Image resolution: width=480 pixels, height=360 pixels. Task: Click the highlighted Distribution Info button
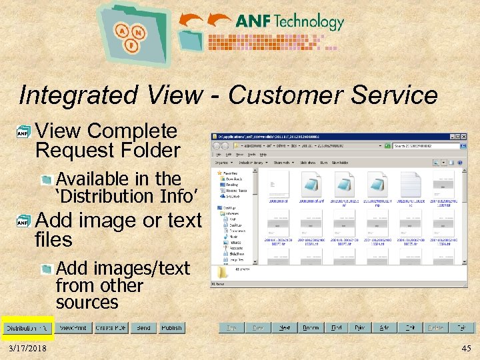(27, 328)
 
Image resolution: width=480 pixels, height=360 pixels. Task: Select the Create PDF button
(111, 328)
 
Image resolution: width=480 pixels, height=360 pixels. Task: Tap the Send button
(143, 328)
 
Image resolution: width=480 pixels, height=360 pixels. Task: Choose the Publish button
(171, 328)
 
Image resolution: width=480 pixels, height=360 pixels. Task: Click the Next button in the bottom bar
(285, 328)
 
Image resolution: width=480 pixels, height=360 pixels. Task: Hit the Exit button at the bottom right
(461, 328)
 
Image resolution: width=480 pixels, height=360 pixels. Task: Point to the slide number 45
(466, 349)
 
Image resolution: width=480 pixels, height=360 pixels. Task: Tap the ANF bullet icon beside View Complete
(23, 133)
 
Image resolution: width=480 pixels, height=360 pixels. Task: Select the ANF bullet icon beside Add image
(23, 221)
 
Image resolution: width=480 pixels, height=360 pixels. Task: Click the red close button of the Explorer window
(463, 137)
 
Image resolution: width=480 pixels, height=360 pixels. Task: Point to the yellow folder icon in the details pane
(222, 273)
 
